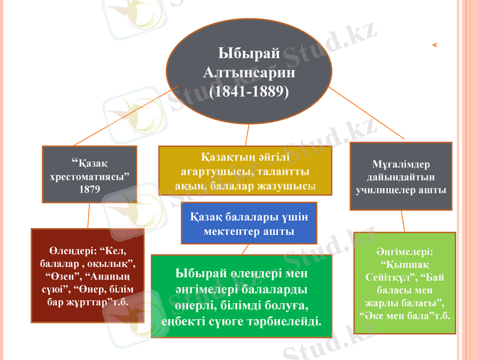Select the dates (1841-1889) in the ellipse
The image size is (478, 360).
point(249,91)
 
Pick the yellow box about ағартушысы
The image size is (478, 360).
point(244,172)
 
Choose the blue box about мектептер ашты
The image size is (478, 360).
point(249,223)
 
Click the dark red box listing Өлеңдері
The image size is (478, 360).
point(88,275)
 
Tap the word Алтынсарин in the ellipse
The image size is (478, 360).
point(249,72)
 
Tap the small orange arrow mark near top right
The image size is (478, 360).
point(434,44)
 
